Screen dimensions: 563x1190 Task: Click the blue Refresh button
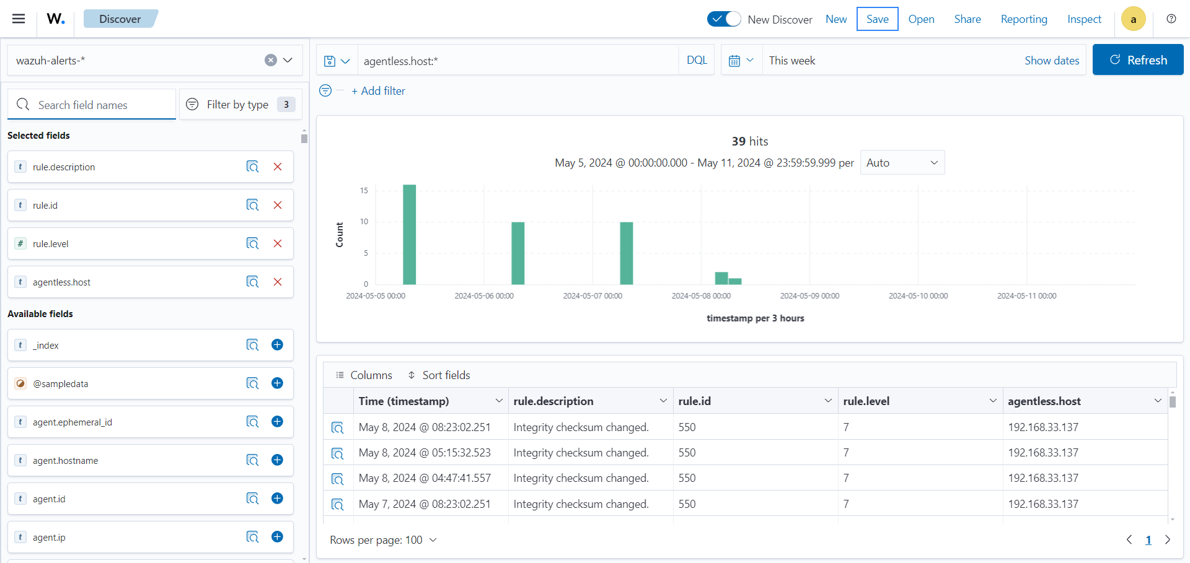pos(1137,60)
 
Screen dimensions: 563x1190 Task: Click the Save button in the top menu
pos(877,19)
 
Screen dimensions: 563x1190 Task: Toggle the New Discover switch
pos(724,19)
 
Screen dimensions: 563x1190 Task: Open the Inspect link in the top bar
pos(1084,19)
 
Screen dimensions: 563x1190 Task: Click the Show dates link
pos(1051,61)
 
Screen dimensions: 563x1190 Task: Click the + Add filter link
pos(378,91)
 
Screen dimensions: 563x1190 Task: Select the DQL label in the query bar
pos(697,60)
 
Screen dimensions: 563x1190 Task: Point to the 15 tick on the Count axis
pos(364,191)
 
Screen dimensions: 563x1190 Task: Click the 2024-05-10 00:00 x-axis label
pos(918,296)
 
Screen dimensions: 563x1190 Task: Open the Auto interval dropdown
pos(902,163)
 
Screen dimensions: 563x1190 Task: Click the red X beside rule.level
pos(278,244)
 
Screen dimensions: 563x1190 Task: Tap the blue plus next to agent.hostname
pos(277,460)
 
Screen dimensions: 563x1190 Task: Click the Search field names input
pos(99,105)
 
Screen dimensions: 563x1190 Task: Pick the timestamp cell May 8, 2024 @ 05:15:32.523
pos(425,453)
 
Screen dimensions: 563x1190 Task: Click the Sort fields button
pos(439,375)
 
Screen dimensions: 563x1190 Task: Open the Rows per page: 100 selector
pos(383,540)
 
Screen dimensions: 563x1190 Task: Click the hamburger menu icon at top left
pos(19,19)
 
